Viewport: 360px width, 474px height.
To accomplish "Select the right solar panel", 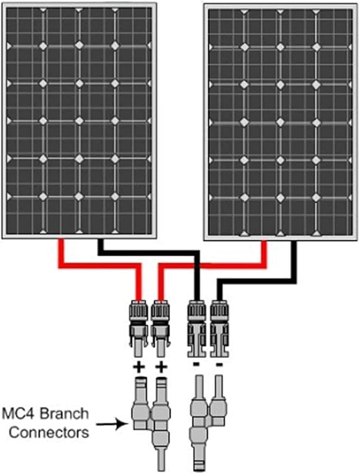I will pyautogui.click(x=280, y=121).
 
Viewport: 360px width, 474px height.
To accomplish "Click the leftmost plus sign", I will pyautogui.click(x=138, y=366).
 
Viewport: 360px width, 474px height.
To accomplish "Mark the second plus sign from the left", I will pyautogui.click(x=161, y=366).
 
